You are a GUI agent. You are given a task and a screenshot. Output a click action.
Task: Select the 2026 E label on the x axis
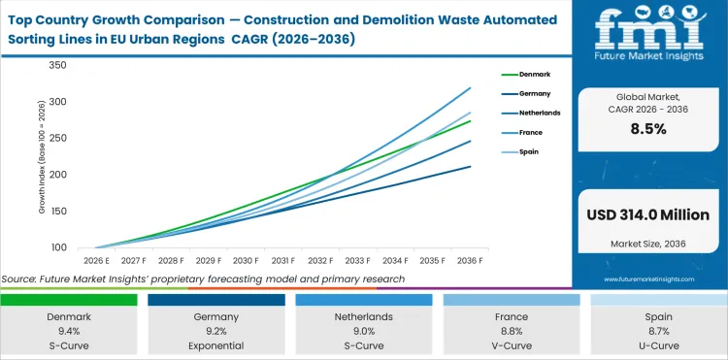[x=95, y=260]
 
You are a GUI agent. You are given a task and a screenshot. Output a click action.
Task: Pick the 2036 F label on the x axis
[x=471, y=260]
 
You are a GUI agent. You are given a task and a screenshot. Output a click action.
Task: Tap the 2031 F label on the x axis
[x=282, y=260]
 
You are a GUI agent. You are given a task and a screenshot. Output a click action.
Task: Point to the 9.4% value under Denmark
[x=69, y=332]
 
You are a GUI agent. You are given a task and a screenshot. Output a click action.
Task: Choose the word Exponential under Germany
[x=216, y=346]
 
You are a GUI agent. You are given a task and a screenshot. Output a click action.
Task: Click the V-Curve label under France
[x=512, y=346]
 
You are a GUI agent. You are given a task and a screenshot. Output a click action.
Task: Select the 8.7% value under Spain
[x=659, y=332]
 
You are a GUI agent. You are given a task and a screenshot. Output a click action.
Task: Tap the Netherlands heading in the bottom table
[x=364, y=317]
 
